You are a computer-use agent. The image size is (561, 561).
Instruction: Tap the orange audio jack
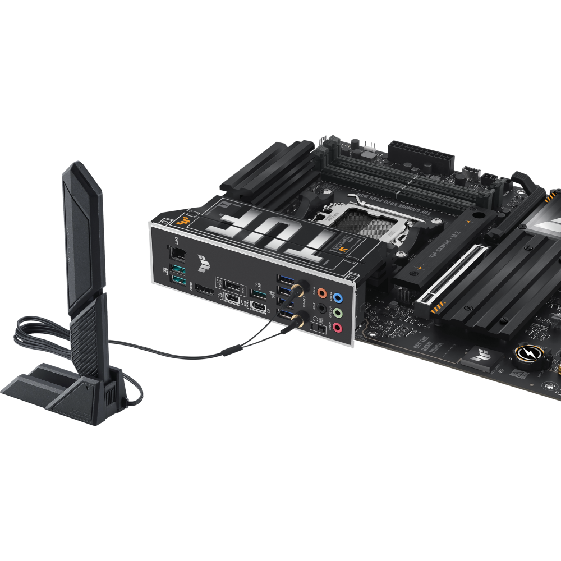click(x=321, y=292)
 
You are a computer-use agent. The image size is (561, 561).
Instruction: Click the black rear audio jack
click(x=322, y=308)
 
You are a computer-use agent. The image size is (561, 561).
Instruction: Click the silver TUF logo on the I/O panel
click(x=202, y=260)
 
